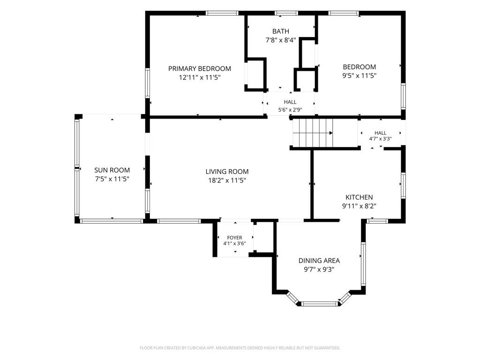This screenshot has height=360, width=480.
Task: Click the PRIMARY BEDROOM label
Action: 200,68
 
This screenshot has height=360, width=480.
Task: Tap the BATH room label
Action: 281,31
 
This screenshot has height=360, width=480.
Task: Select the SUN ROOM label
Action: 112,170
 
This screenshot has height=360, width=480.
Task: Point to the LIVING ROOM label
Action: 227,172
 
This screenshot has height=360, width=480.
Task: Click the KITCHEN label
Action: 359,197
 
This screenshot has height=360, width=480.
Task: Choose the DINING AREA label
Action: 319,261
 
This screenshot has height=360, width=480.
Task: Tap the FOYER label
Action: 234,238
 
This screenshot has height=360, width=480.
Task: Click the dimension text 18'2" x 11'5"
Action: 227,180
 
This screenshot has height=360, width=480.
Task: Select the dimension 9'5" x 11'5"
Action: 359,75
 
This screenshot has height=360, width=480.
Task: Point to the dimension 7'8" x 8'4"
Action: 281,40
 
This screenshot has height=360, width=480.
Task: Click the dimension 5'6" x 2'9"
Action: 290,109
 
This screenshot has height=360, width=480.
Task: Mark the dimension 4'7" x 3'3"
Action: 380,139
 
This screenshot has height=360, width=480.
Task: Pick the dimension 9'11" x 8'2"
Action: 359,206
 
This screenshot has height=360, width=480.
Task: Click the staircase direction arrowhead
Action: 331,133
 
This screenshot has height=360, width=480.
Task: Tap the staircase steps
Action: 313,133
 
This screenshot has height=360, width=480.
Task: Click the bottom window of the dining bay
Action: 320,304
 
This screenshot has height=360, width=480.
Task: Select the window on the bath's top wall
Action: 286,13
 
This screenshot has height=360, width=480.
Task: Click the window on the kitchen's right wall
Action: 403,186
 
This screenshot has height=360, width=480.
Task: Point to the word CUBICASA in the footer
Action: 200,348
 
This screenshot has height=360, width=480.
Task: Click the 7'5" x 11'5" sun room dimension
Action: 112,179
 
